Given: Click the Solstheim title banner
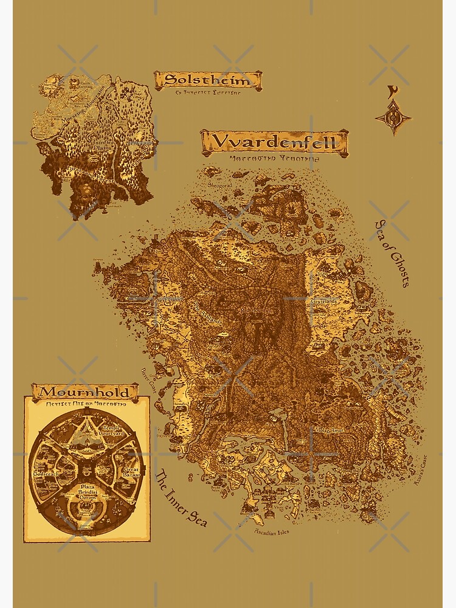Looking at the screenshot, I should (x=207, y=80).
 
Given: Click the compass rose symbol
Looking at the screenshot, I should (x=393, y=118).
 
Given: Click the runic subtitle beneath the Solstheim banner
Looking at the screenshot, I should (x=207, y=94).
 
